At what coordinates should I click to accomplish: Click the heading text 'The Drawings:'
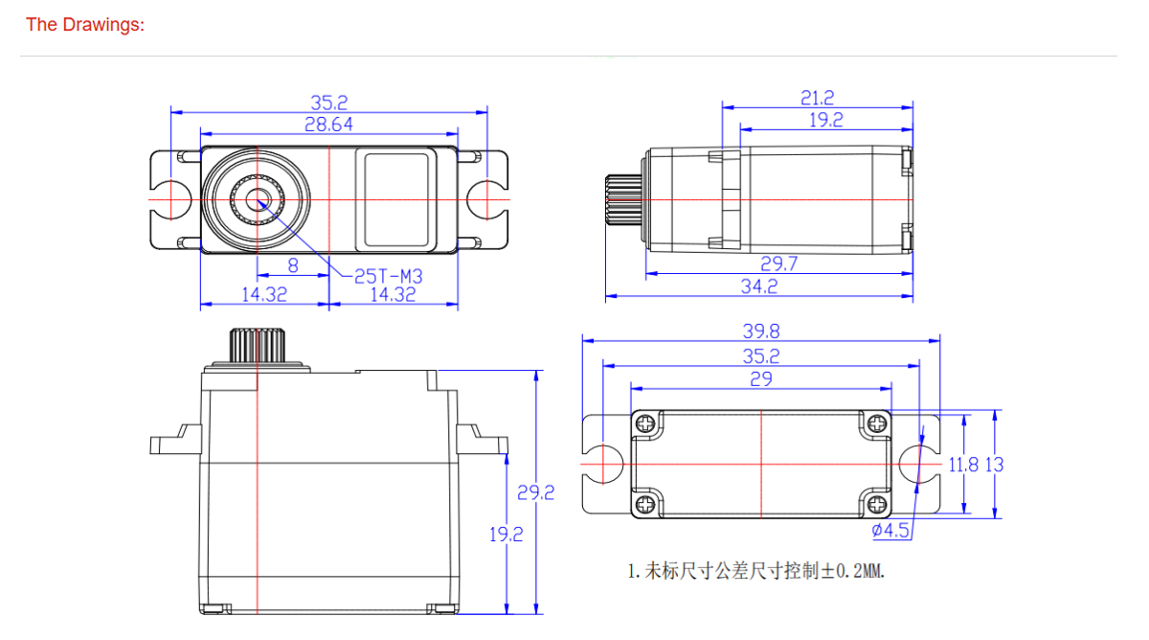84,25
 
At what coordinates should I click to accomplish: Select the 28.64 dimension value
328,125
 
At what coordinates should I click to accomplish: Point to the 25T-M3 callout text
388,276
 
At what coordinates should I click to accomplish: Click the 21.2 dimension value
817,97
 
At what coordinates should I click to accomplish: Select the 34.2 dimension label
758,286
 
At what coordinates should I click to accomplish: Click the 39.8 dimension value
761,331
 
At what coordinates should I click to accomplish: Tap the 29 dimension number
761,379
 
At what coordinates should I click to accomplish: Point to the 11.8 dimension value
963,465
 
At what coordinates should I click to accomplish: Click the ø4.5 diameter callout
890,531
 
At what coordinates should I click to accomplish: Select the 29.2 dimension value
536,493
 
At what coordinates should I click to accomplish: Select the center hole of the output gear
258,199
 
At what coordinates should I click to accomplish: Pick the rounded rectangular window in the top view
397,198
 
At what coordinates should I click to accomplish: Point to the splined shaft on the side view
622,199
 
